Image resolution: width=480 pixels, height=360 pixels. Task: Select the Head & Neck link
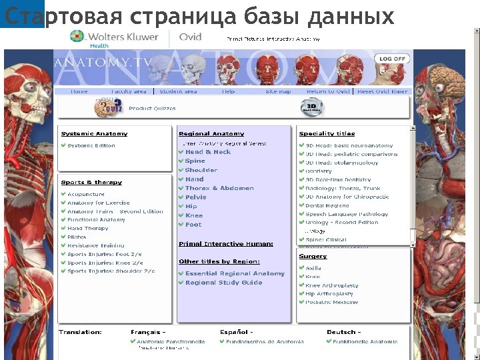208,152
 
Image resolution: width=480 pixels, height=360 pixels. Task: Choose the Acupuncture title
86,194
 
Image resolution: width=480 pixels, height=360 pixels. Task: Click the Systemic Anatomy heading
94,134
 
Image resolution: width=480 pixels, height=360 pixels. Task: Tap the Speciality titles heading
327,134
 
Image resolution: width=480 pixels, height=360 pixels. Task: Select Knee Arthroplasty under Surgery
332,285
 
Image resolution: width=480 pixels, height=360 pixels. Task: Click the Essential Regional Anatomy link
235,273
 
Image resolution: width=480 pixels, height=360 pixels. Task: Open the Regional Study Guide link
224,283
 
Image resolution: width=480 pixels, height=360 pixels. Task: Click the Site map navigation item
278,91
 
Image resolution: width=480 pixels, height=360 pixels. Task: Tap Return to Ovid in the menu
328,91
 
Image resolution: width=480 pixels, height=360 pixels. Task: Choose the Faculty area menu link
129,91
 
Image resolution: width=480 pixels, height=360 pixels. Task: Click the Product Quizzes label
152,108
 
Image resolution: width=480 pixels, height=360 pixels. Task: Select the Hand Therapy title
88,228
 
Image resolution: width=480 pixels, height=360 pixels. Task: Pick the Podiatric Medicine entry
332,302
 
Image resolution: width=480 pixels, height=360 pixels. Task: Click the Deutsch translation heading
343,332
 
